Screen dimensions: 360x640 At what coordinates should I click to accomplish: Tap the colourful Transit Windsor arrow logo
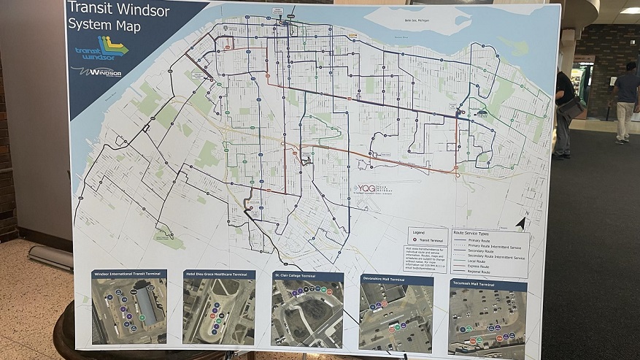[x=103, y=48]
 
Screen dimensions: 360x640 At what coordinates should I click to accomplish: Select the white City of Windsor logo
[x=96, y=73]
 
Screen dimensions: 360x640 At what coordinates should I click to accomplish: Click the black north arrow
[x=520, y=223]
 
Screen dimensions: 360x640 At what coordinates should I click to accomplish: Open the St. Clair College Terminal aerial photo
[x=306, y=313]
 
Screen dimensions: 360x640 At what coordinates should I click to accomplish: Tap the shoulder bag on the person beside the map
[x=572, y=107]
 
